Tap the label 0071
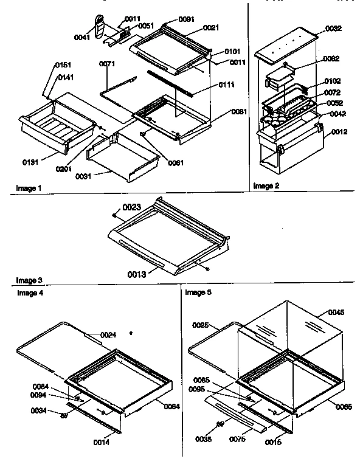[108, 63]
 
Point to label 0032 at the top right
[334, 28]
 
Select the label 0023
[133, 207]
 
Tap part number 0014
[102, 443]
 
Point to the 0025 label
[201, 327]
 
